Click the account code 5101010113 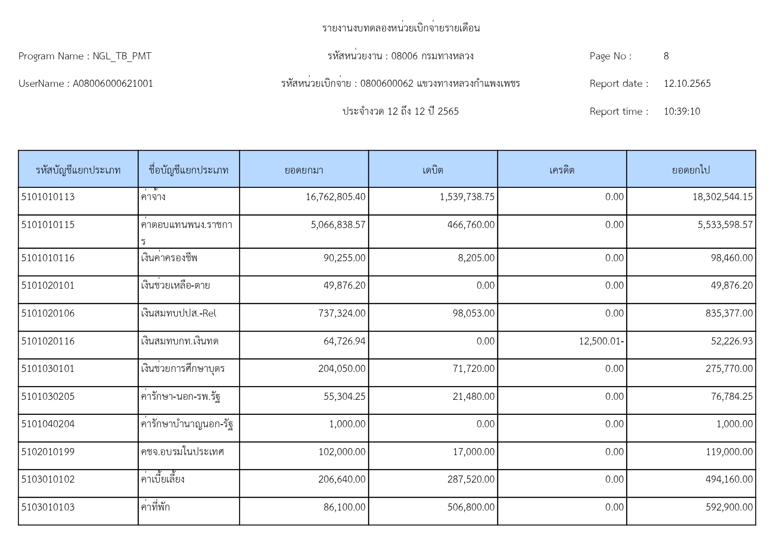48,197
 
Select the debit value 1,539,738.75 467,197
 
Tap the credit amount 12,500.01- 601,341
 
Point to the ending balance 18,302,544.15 722,197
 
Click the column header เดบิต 432,170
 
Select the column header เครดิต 562,170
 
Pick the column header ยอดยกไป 691,170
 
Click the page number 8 666,56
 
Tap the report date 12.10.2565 687,84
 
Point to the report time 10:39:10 682,112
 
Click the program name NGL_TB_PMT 122,56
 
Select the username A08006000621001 113,84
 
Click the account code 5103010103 48,507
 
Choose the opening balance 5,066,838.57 338,225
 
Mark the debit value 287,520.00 471,479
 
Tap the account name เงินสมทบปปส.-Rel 179,313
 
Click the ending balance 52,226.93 731,341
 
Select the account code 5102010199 48,452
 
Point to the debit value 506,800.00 471,507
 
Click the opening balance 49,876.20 344,286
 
